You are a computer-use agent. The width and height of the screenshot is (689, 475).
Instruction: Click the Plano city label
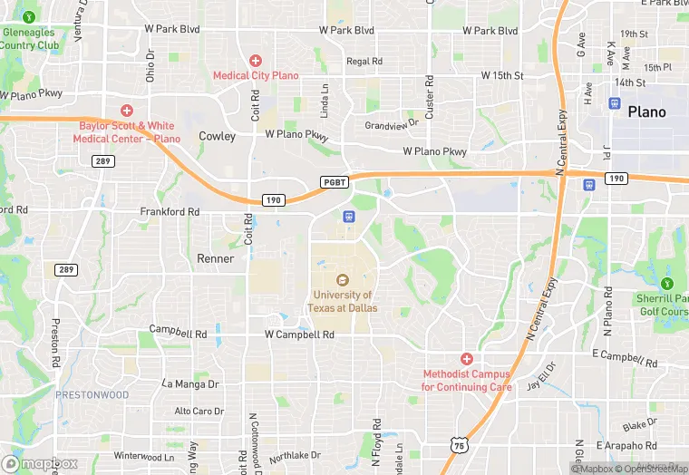(x=646, y=112)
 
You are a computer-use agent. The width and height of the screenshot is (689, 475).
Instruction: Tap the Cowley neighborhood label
(x=217, y=136)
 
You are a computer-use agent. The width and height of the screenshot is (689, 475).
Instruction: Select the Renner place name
(x=216, y=258)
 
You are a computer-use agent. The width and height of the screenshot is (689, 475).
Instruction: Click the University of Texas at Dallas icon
(x=343, y=280)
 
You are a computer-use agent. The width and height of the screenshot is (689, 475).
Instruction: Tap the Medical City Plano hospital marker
(x=256, y=61)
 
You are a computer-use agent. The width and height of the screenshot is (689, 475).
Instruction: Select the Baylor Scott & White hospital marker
(x=127, y=110)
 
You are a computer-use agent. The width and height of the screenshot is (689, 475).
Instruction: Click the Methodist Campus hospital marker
(x=466, y=359)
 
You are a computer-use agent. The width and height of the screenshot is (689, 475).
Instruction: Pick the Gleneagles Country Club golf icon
(x=30, y=16)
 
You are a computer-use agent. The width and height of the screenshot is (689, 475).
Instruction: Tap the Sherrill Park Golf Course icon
(x=668, y=270)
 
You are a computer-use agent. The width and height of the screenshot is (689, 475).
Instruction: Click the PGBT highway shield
(x=333, y=182)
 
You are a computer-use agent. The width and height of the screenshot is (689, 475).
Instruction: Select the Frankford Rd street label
(x=170, y=211)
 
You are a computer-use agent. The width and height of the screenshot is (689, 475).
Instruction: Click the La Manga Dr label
(x=190, y=383)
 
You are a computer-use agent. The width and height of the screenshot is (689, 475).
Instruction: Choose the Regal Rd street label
(x=364, y=62)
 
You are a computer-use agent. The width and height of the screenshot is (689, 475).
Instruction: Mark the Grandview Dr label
(x=393, y=123)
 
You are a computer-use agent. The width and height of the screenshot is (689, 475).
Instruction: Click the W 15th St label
(x=502, y=74)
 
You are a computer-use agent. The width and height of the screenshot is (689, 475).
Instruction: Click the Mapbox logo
(x=40, y=463)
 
